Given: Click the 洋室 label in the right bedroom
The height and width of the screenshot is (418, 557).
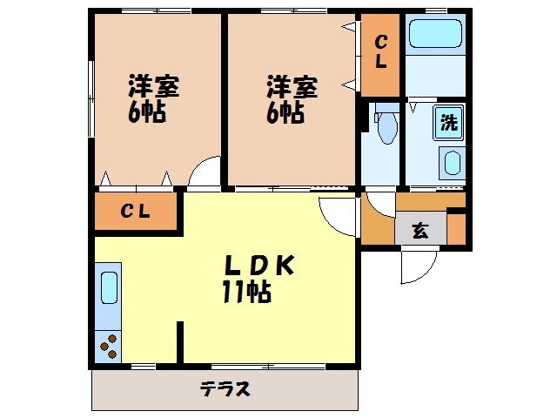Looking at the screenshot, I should tap(292, 87).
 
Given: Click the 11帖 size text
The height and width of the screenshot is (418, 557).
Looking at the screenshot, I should tap(245, 293).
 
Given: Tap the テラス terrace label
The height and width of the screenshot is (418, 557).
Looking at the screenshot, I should tap(225, 388).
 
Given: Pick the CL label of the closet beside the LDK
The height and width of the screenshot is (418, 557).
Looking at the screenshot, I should tap(135, 211).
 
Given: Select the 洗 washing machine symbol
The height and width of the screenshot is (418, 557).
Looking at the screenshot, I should tap(448, 123).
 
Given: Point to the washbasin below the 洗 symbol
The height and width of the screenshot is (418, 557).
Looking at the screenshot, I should tap(452, 164).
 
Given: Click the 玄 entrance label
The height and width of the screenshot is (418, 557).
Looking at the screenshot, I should tap(420, 232).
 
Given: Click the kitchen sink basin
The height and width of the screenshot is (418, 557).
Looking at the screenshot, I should tap(109, 287).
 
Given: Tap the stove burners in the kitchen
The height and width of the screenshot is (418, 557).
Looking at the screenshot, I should tap(110, 346).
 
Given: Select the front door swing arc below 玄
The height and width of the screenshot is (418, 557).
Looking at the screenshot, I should tap(414, 267).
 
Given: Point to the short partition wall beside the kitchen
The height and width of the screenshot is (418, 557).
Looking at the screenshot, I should tap(181, 340).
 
